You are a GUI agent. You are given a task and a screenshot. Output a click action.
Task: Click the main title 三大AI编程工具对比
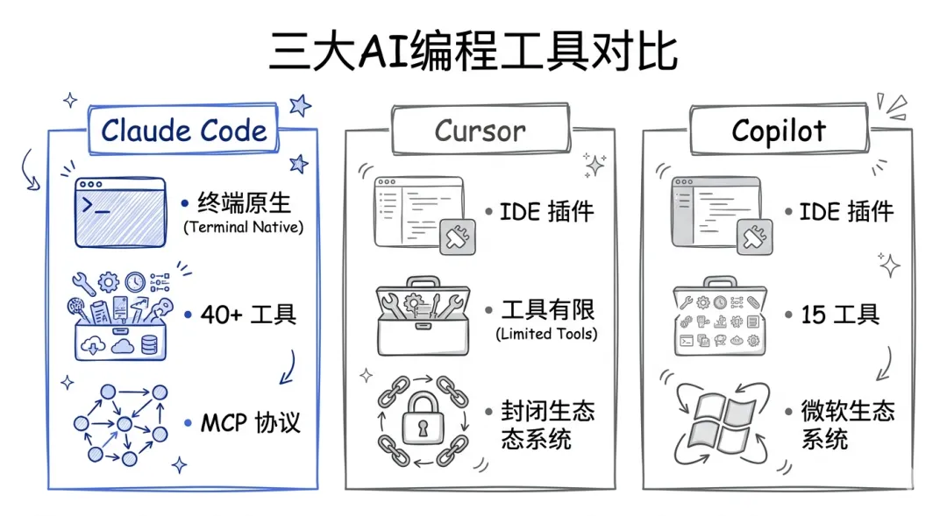pos(473,51)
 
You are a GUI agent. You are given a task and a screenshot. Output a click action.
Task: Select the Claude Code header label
pos(183,131)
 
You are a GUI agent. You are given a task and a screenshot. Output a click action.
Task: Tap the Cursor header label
pos(480,131)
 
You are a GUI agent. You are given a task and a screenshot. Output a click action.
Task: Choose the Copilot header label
pos(779,131)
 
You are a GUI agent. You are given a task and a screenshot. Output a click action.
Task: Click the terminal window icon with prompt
pos(120,212)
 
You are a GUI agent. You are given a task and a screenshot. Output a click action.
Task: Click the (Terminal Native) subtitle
pos(243,228)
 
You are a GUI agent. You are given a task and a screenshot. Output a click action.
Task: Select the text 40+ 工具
pos(247,313)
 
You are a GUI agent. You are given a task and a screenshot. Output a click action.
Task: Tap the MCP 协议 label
pos(250,423)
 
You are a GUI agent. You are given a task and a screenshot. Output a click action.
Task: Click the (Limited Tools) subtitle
pos(546,334)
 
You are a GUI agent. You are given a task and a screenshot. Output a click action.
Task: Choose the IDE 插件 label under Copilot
pos(846,211)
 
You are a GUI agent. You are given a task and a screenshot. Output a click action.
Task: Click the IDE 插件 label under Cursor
pos(547,211)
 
